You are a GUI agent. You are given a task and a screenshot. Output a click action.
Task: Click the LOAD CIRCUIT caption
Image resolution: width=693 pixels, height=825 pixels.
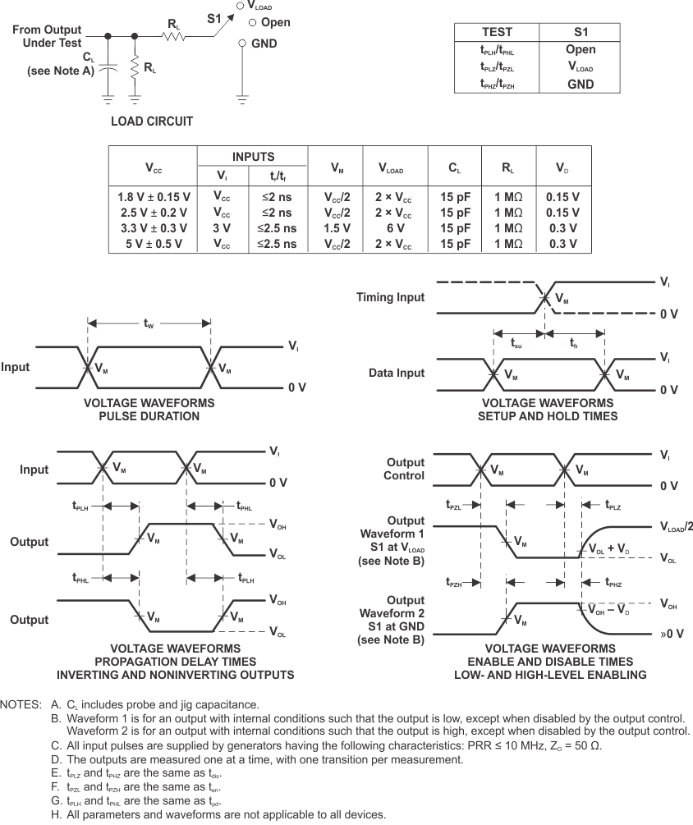coord(152,121)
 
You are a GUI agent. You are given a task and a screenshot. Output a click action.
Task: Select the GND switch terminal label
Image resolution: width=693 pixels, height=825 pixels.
coord(264,43)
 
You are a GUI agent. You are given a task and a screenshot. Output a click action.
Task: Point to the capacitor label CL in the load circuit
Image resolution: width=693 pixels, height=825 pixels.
coord(88,57)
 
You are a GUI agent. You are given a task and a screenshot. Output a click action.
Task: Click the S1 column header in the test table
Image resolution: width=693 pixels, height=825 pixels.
coord(581,32)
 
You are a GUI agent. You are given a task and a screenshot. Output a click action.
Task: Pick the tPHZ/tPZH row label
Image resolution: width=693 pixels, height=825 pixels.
coord(496,84)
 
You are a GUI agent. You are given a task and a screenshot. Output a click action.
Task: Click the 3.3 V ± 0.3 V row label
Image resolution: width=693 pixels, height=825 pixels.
coord(154,228)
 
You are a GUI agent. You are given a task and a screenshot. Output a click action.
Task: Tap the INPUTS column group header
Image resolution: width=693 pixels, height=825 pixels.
coord(253,157)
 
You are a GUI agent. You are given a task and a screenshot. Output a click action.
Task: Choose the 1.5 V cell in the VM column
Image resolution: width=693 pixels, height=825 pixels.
coord(337,228)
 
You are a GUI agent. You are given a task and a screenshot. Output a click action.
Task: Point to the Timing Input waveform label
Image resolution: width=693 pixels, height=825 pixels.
coord(390,297)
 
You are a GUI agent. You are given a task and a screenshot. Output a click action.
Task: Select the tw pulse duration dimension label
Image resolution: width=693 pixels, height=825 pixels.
coord(149,325)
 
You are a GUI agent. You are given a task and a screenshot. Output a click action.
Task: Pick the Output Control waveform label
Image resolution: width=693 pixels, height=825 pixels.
coord(405,469)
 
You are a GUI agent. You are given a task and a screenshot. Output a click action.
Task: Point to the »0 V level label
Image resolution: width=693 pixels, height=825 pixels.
coord(672,634)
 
